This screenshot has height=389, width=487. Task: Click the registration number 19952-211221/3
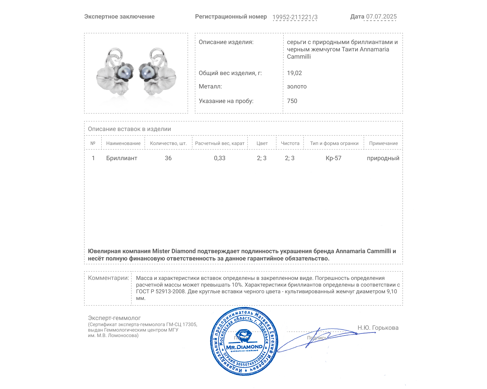[x=295, y=17]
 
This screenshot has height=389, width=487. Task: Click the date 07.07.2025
[x=381, y=17]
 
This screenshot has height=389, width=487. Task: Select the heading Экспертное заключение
[x=119, y=17]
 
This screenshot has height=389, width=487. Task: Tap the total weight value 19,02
[x=294, y=73]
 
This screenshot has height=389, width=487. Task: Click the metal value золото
[x=297, y=86]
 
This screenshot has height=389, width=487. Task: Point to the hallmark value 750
[x=292, y=101]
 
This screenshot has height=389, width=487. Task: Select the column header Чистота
[x=290, y=143]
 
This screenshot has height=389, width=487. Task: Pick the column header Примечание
[x=383, y=143]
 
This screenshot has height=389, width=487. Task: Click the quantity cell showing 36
[x=168, y=158]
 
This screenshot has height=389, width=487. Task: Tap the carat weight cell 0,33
[x=219, y=158]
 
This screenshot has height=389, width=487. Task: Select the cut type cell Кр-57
[x=333, y=158]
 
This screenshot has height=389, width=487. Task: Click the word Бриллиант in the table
[x=121, y=158]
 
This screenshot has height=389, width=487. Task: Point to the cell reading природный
[x=383, y=158]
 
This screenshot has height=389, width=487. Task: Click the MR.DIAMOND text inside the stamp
[x=244, y=347]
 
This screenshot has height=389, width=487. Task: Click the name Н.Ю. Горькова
[x=378, y=328]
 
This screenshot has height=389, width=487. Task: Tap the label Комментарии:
[x=108, y=278]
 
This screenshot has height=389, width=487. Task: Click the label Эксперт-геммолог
[x=114, y=318]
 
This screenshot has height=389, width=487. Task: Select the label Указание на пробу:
[x=226, y=101]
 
